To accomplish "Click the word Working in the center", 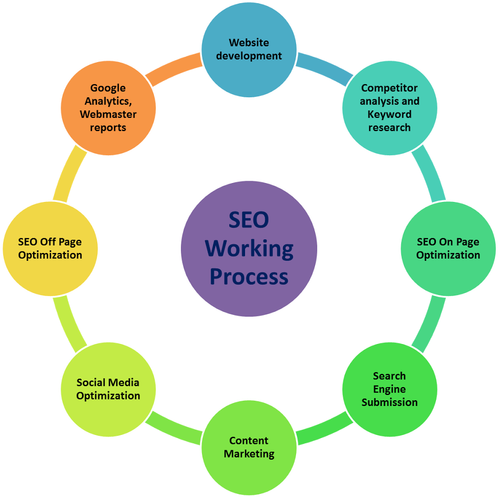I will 249,248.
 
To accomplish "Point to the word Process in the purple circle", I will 249,277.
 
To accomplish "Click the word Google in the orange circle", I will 108,88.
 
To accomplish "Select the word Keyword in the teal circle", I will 389,114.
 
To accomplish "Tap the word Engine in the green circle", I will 389,389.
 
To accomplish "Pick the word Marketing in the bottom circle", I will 249,453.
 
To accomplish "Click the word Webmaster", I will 108,114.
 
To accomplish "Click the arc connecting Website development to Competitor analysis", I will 323,66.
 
